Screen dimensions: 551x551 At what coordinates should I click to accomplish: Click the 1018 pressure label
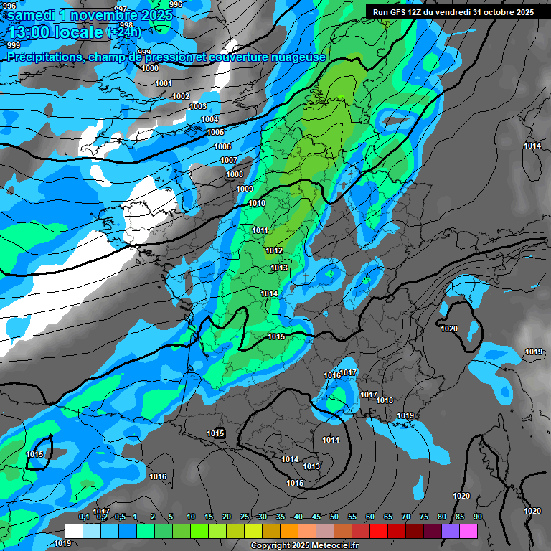point(385,400)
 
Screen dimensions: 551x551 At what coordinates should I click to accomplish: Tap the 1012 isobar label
point(273,250)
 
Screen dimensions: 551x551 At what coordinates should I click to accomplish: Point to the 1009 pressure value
point(245,189)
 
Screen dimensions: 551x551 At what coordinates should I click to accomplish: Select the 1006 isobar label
point(222,146)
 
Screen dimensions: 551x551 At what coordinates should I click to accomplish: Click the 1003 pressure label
point(198,106)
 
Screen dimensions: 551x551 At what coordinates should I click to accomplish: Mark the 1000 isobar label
point(150,68)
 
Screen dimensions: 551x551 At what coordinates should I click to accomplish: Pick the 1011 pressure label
point(260,230)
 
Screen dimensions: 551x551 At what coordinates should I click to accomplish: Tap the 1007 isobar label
point(229,160)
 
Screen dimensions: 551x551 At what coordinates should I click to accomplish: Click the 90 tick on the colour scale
point(477,517)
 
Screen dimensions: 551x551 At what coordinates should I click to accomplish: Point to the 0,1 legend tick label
point(83,517)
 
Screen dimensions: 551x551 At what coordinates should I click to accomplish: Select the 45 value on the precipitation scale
point(316,517)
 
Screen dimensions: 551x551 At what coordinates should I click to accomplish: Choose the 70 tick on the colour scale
point(405,517)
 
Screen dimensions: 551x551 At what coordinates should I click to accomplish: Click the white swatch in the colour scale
point(73,531)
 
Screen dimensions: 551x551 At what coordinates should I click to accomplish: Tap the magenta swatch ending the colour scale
point(468,531)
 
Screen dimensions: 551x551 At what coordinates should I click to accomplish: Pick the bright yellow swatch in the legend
point(253,531)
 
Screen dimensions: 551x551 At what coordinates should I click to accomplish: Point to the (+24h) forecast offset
point(124,32)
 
